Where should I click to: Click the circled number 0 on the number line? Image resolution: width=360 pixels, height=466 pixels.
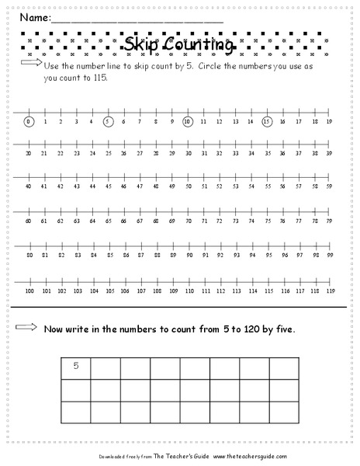click(29, 121)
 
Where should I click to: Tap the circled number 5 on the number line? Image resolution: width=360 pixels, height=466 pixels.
click(108, 121)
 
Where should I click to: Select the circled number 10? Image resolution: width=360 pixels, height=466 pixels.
click(187, 121)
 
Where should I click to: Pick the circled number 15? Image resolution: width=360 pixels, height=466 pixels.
click(267, 121)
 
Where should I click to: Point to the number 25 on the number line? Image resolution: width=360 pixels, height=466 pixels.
click(108, 154)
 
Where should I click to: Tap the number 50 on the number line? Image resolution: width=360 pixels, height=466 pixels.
click(187, 186)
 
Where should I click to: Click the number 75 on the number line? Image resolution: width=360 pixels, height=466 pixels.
click(267, 221)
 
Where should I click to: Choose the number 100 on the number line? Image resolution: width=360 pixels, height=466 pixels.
click(29, 290)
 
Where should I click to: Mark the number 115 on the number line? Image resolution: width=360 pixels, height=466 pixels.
click(267, 290)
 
